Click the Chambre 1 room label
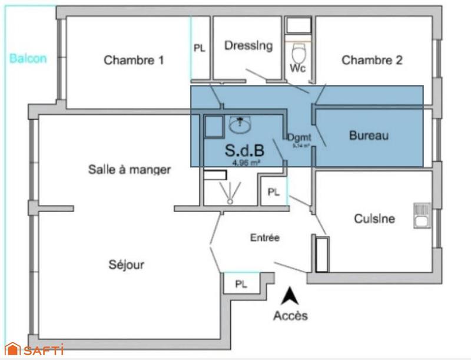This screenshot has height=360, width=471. click(x=134, y=60)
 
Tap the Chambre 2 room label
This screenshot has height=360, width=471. click(x=372, y=60)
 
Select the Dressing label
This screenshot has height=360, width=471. click(x=248, y=45)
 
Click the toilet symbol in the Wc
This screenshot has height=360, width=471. click(x=298, y=54)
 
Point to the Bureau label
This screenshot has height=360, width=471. click(x=369, y=136)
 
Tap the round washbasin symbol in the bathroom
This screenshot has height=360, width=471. click(x=240, y=124)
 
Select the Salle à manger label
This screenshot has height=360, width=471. click(x=130, y=170)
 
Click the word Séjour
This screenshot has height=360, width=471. click(x=127, y=265)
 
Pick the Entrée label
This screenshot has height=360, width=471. click(x=265, y=238)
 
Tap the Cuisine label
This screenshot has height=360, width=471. click(x=374, y=219)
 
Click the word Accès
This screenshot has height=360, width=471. click(x=290, y=316)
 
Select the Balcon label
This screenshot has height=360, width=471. click(x=28, y=58)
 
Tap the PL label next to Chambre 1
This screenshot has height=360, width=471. click(x=200, y=49)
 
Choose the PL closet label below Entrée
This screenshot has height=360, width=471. click(x=241, y=284)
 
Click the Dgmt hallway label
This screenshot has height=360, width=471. click(x=298, y=138)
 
